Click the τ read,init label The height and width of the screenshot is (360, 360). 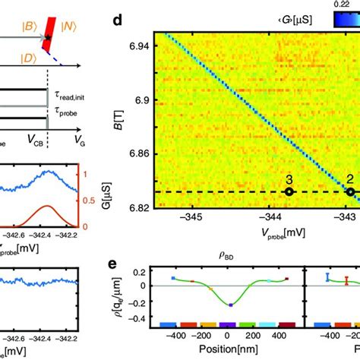(x=78, y=99)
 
